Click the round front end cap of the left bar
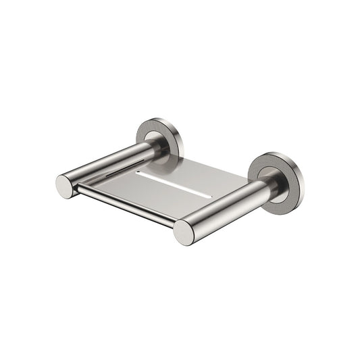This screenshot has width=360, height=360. coord(66,186)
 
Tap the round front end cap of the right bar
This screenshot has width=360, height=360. coord(184,232)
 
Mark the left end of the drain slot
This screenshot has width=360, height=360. coord(138,172)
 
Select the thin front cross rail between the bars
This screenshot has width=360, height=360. coord(125,206)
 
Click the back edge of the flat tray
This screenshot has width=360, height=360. coord(203,161)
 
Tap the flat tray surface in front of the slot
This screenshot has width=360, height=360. coord(162,196)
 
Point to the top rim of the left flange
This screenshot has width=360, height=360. coord(155,121)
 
